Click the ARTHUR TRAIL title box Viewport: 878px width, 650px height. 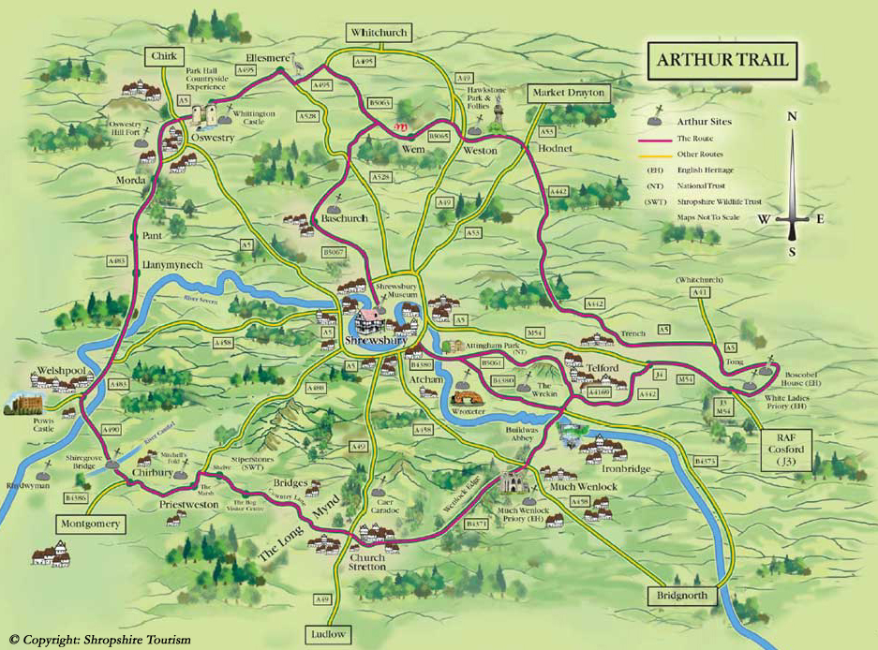coord(720,64)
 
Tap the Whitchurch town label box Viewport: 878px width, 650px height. coord(379,33)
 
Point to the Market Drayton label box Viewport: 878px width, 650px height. coord(569,93)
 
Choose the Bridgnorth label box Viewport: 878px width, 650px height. coord(681,595)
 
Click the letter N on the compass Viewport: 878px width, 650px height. coord(792,117)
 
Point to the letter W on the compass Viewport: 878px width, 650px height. coord(764,219)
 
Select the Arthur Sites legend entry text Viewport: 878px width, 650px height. coord(706,122)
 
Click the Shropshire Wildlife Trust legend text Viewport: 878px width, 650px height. coord(723,201)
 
